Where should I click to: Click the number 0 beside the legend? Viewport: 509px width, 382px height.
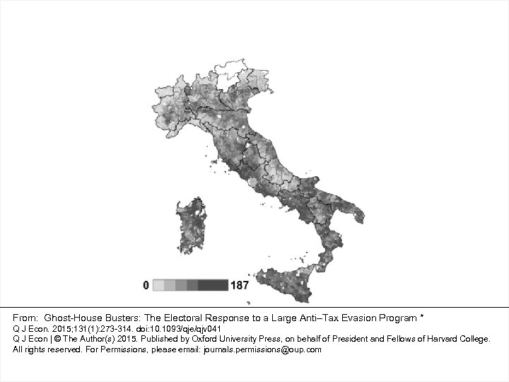pyautogui.click(x=146, y=285)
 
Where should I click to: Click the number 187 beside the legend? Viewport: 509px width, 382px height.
pyautogui.click(x=239, y=285)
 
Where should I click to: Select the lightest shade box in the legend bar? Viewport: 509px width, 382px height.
pyautogui.click(x=159, y=285)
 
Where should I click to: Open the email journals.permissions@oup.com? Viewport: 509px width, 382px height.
pyautogui.click(x=262, y=349)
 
